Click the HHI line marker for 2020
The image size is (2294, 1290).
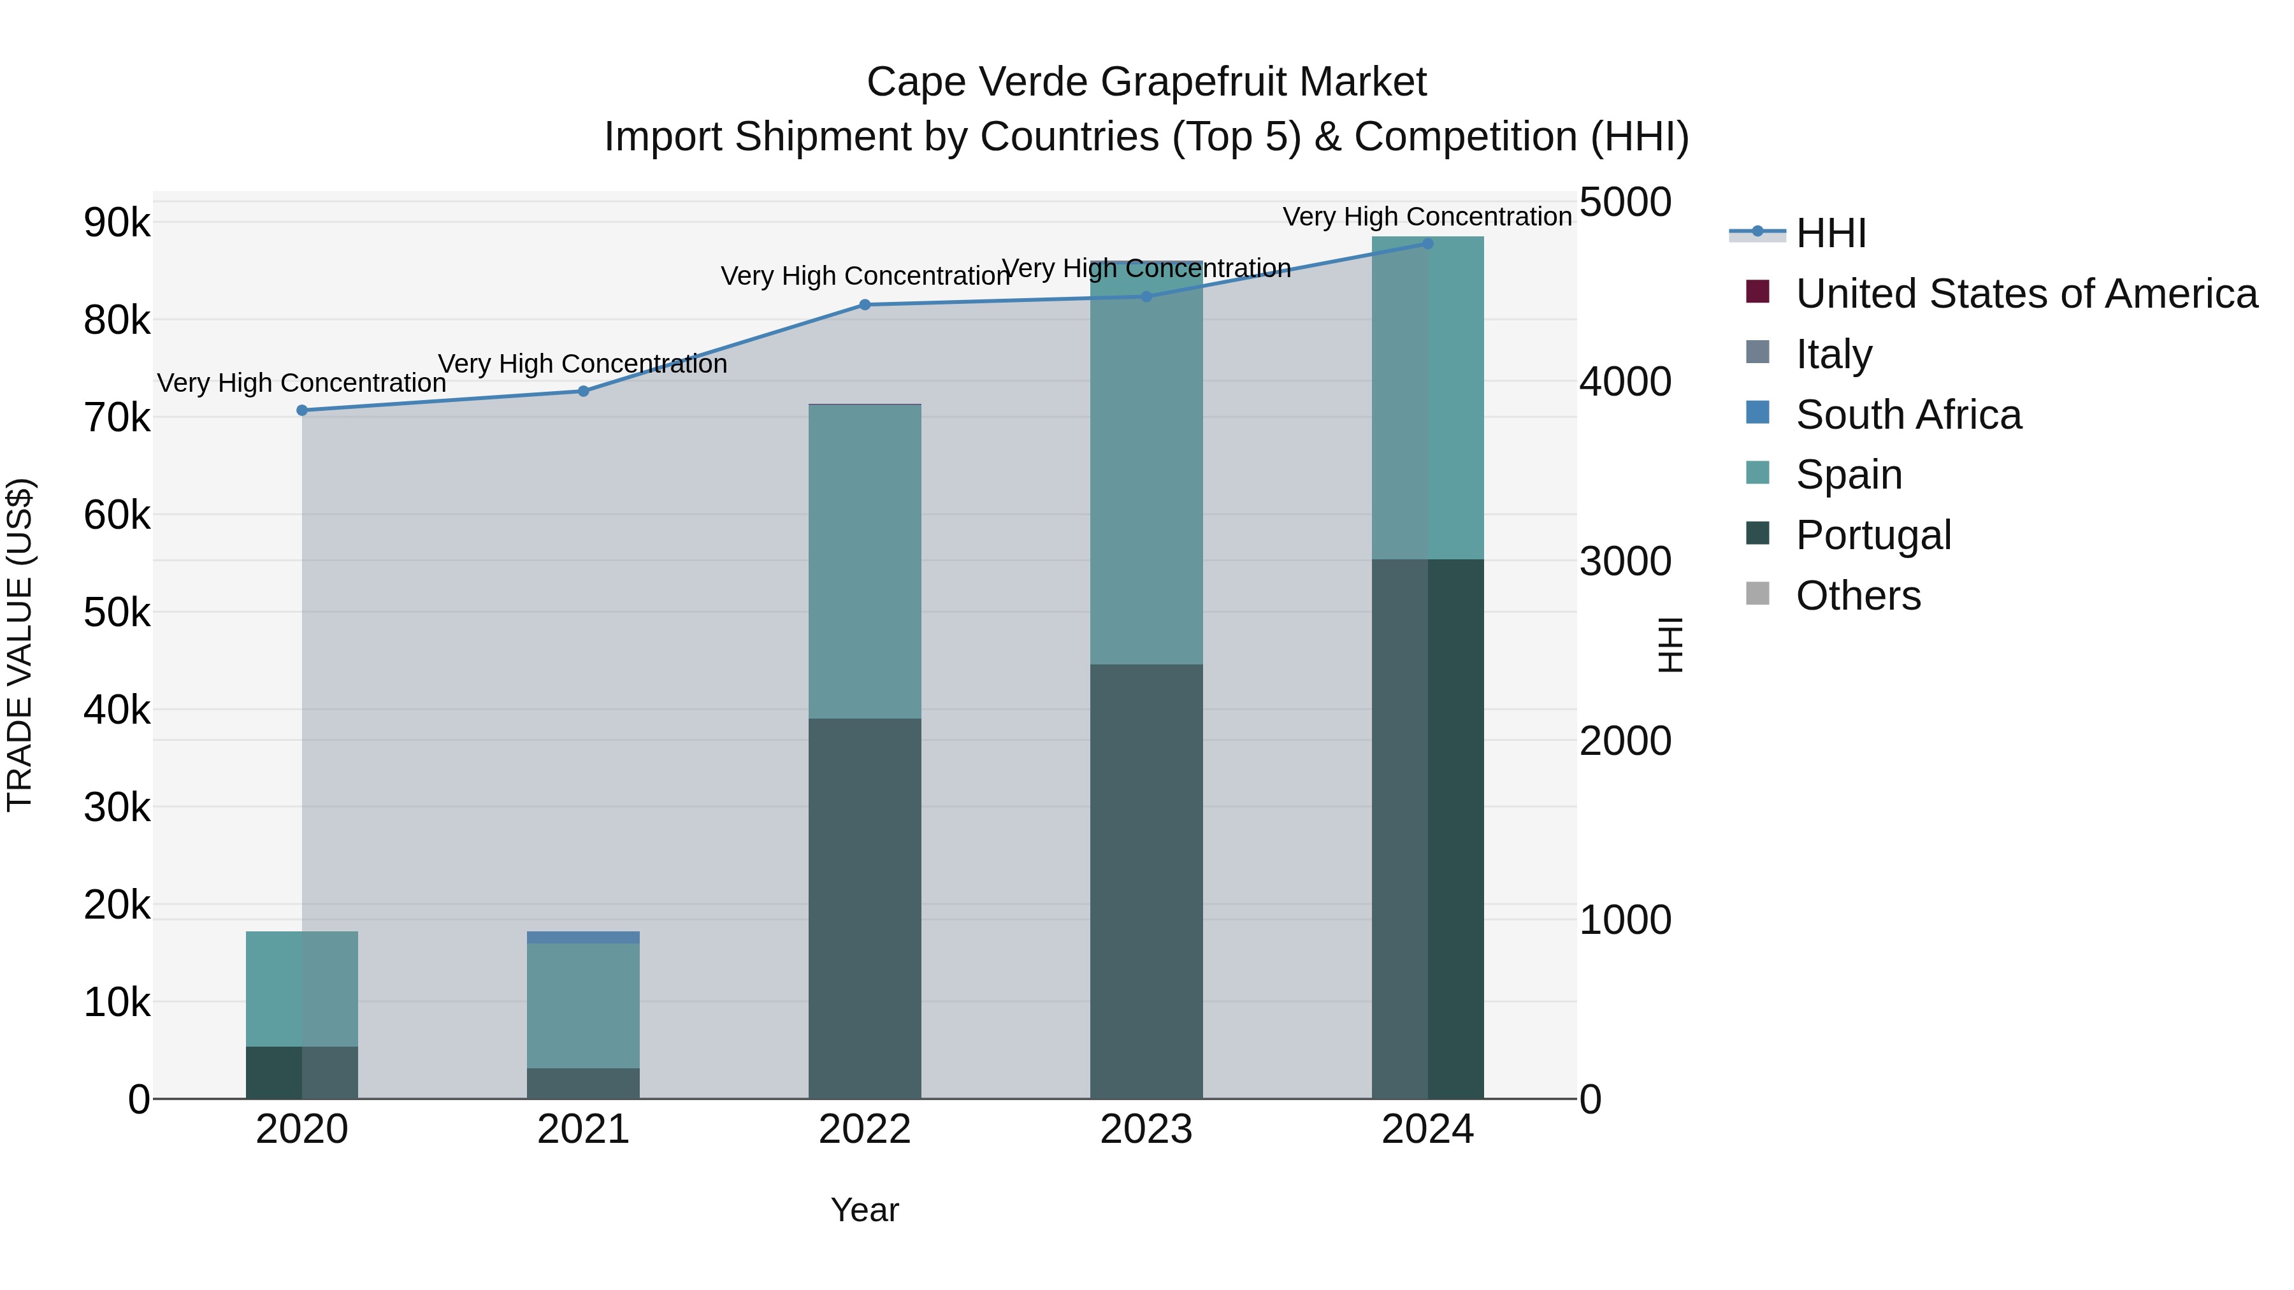tap(302, 410)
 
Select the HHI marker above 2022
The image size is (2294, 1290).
tap(865, 305)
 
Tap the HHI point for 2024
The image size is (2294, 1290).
tap(1427, 243)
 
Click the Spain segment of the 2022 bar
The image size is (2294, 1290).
tap(865, 561)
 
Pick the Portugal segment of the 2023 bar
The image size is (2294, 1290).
tap(1146, 882)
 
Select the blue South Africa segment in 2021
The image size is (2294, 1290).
tap(583, 938)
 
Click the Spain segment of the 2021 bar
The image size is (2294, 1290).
tap(583, 1005)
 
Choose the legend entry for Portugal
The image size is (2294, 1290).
tap(1873, 535)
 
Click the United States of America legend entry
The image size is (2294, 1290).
tap(2026, 294)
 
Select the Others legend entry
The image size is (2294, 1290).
tap(1858, 596)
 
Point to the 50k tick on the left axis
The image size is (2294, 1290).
tap(117, 612)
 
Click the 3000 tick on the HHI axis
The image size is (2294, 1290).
tap(1625, 562)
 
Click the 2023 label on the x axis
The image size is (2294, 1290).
tap(1146, 1129)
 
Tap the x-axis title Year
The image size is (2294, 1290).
tap(865, 1210)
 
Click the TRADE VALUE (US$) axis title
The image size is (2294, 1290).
tap(20, 645)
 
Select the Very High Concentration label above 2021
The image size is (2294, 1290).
tap(583, 364)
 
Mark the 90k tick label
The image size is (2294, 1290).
tap(117, 222)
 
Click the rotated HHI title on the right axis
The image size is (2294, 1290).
tap(1671, 645)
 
